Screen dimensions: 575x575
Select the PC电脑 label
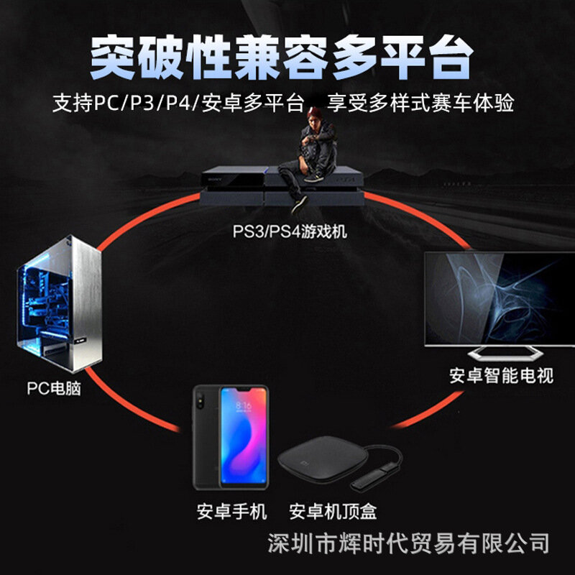(x=54, y=389)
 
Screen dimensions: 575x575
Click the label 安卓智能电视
(x=502, y=376)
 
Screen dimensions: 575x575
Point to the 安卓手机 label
(x=232, y=511)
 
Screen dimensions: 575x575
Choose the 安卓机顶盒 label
(x=333, y=511)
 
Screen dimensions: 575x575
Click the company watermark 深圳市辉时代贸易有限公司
(x=408, y=543)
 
